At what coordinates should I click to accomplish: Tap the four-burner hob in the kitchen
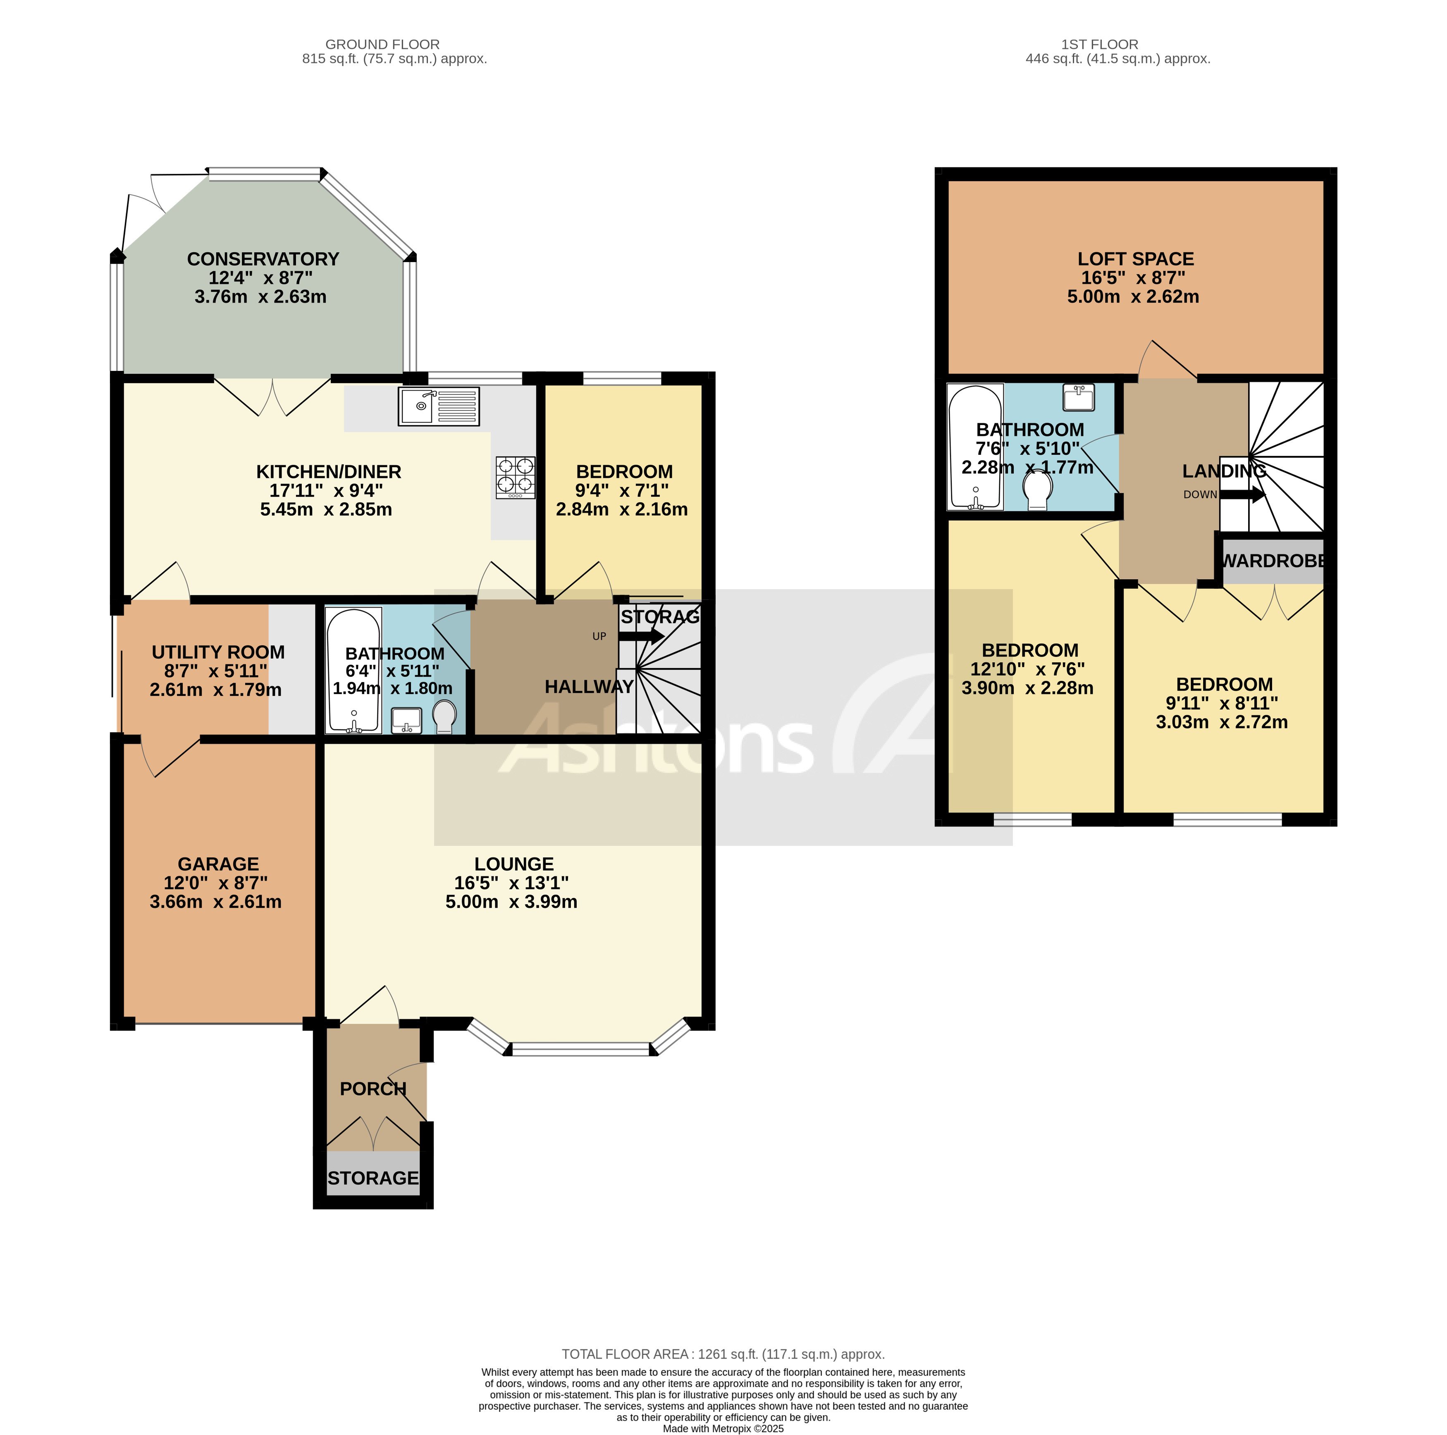(515, 477)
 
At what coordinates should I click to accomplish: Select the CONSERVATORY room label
(263, 259)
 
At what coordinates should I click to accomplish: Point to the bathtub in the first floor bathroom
(975, 447)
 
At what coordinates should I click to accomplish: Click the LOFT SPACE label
(1135, 259)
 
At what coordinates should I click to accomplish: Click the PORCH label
(373, 1088)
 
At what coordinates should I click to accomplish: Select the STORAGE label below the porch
(373, 1178)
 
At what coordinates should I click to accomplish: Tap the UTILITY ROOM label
(218, 652)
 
